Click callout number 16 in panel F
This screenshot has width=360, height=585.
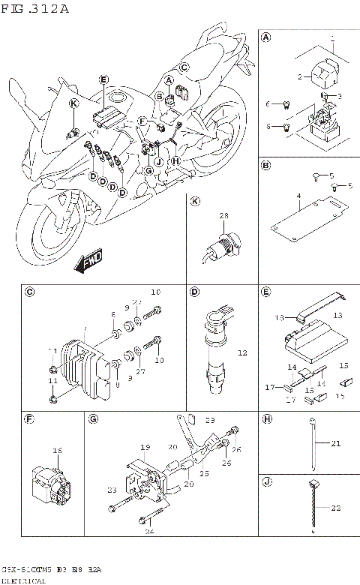point(57,450)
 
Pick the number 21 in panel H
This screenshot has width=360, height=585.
point(335,444)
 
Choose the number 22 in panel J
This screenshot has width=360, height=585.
point(335,508)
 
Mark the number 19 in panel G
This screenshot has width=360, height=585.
point(145,447)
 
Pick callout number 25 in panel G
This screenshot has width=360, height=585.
point(203,474)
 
